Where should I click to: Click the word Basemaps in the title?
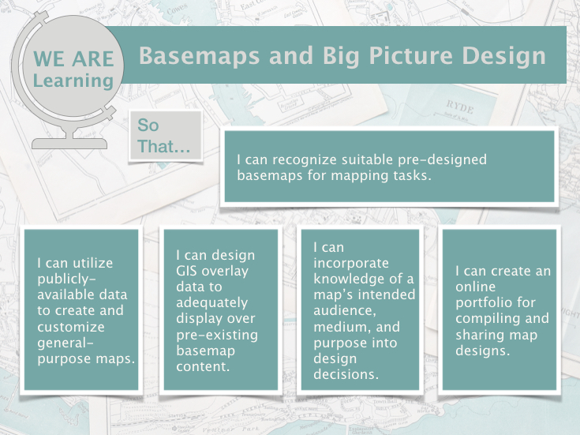click(x=199, y=56)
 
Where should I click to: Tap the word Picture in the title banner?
click(x=410, y=56)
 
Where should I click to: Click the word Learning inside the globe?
click(x=73, y=81)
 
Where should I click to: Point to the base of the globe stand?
click(x=69, y=144)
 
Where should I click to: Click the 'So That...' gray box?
click(x=166, y=136)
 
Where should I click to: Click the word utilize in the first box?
click(x=93, y=263)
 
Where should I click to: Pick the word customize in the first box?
click(x=71, y=327)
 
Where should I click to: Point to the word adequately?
click(x=212, y=303)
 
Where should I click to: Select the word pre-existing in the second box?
click(x=217, y=335)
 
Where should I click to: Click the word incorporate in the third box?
click(x=351, y=263)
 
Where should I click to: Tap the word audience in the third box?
click(x=345, y=310)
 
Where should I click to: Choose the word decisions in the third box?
click(x=346, y=374)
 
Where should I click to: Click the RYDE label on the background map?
click(x=460, y=107)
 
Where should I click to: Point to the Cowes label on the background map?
click(x=177, y=10)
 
